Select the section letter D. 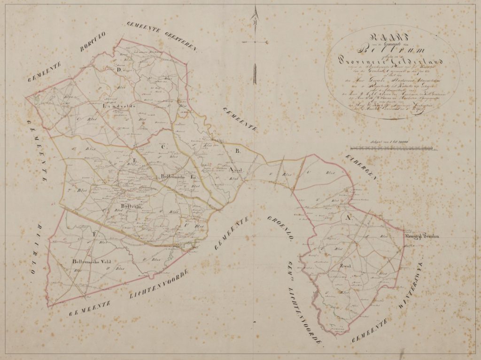[119, 70]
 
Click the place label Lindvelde [117, 106]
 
